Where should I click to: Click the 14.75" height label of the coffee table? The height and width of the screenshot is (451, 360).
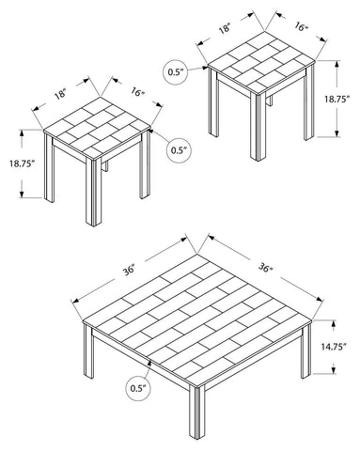coord(334,347)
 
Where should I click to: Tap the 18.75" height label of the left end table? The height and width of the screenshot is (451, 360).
coord(22,163)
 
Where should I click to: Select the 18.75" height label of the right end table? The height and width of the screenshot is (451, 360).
coord(337,99)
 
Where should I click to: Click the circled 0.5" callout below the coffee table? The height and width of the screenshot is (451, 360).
coord(138,388)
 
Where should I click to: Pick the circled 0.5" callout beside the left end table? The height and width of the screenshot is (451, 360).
coord(179,150)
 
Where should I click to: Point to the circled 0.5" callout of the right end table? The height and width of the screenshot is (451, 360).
coord(176,72)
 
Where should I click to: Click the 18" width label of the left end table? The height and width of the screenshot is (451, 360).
coord(61,94)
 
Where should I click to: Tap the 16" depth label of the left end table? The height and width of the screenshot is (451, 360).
coord(137,92)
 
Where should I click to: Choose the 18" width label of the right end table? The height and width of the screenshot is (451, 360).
coord(225,29)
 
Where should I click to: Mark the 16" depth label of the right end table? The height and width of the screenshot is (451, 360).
coord(301,26)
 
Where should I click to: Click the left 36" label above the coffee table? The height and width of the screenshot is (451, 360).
coord(129,270)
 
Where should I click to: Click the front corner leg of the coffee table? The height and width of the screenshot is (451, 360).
coord(196,412)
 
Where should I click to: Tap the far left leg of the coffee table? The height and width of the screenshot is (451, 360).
coord(88,350)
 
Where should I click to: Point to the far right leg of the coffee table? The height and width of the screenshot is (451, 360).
coord(305,350)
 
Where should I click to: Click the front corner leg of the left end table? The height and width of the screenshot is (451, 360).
coord(93,192)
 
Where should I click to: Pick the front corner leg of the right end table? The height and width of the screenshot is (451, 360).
coord(258,127)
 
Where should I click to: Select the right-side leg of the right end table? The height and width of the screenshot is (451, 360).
coord(309,102)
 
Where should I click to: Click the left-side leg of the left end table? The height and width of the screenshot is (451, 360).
coord(49,168)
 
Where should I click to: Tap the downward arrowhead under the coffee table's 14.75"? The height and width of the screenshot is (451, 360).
coord(334,369)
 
